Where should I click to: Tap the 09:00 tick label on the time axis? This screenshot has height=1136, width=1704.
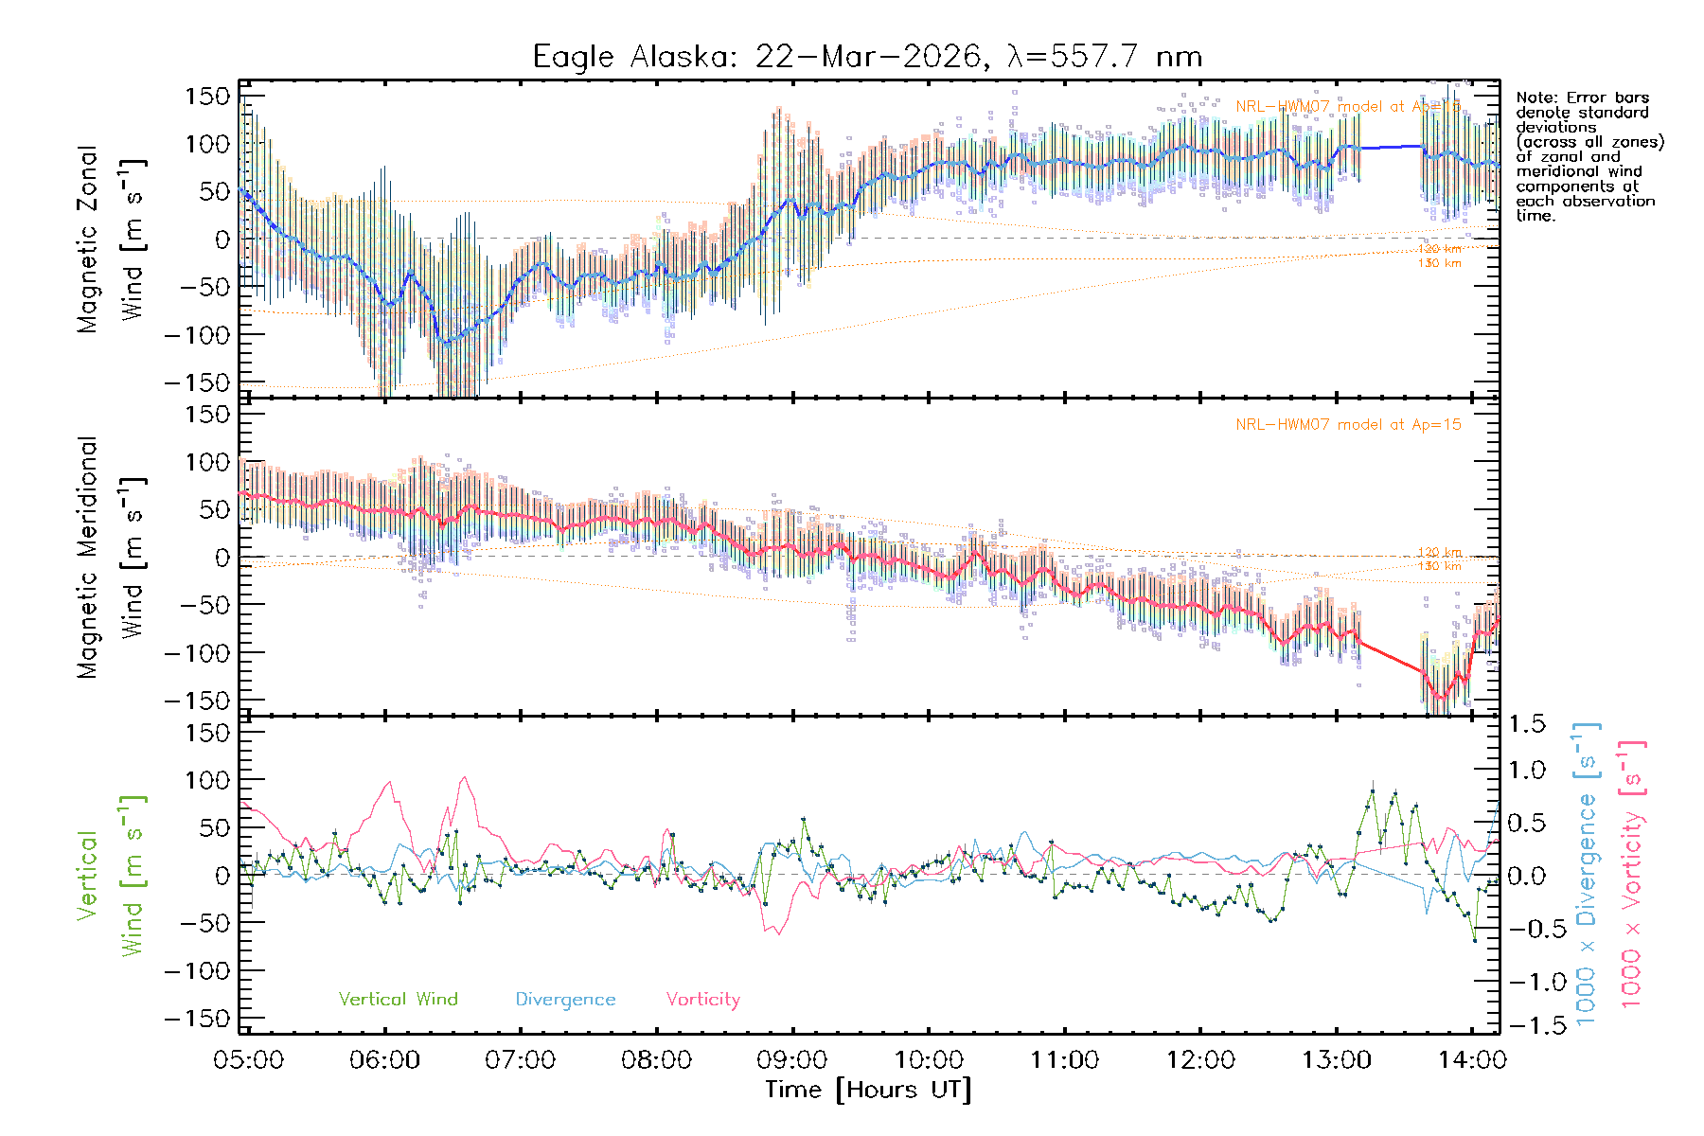(x=792, y=1059)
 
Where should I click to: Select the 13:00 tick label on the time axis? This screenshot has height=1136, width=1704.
(x=1336, y=1059)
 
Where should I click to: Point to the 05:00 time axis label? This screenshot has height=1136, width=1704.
(x=248, y=1059)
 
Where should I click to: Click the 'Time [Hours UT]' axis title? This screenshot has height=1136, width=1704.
(x=868, y=1090)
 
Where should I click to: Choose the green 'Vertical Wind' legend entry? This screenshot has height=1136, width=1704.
(x=398, y=999)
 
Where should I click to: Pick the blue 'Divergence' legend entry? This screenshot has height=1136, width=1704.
(x=565, y=999)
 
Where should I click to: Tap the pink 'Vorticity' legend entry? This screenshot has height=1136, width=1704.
(x=702, y=999)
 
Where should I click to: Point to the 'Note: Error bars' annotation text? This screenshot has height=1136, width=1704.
(x=1583, y=98)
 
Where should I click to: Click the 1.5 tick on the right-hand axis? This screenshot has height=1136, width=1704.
(x=1526, y=724)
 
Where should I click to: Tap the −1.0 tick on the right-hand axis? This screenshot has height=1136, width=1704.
(x=1526, y=982)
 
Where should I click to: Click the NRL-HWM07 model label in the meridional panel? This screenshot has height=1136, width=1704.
(x=1348, y=424)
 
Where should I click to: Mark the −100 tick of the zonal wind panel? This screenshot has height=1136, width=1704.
(x=197, y=335)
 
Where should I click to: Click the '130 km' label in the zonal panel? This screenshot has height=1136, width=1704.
(x=1439, y=263)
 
